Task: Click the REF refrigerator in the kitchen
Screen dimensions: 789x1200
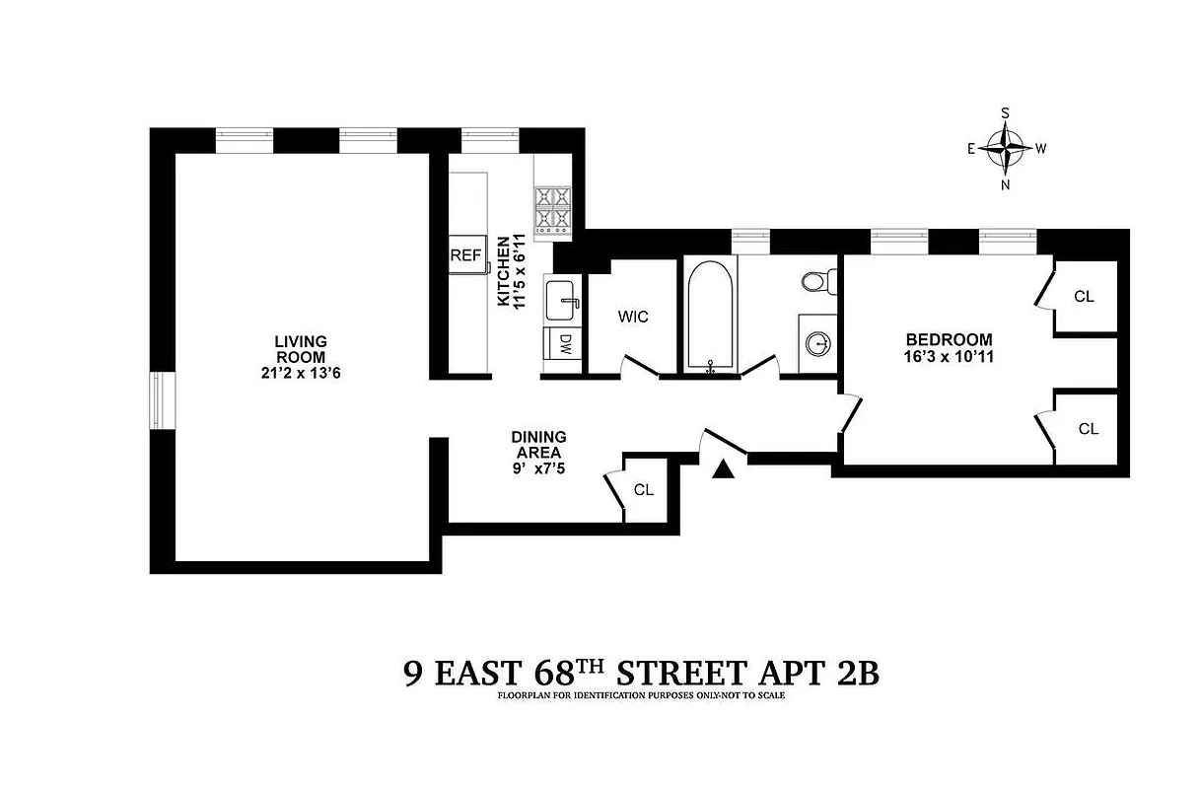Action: (x=465, y=255)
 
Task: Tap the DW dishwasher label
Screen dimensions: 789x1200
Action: (x=565, y=343)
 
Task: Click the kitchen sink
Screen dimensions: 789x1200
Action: (x=563, y=299)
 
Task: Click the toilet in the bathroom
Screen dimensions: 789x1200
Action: (x=814, y=282)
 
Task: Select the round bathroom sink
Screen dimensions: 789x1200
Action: (x=817, y=343)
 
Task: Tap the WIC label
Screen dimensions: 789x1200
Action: (x=633, y=317)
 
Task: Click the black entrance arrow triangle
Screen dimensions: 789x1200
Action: (x=724, y=470)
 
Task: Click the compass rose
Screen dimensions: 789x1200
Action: (x=1006, y=149)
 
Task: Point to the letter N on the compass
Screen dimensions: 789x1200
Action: (x=1006, y=184)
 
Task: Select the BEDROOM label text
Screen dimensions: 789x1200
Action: (x=948, y=339)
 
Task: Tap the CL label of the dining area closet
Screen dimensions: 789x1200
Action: (x=644, y=489)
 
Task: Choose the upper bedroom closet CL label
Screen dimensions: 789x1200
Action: (x=1085, y=296)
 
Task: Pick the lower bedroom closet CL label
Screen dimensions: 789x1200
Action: (x=1088, y=429)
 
